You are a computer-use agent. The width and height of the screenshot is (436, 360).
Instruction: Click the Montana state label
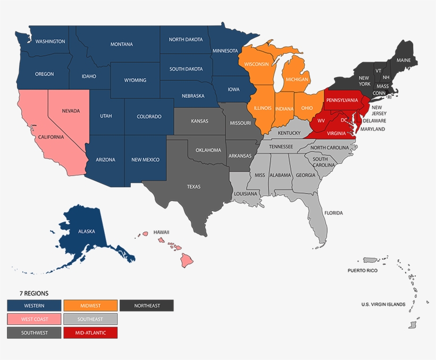(x=122, y=44)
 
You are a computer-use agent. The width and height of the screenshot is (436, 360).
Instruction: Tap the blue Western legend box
(x=34, y=305)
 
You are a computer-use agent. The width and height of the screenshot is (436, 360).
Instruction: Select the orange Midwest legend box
(x=90, y=305)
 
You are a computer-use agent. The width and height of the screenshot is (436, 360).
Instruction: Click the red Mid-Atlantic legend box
(x=90, y=333)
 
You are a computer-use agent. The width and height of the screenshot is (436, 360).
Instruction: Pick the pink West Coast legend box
(x=34, y=319)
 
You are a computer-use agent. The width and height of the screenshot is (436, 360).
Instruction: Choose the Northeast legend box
(x=147, y=305)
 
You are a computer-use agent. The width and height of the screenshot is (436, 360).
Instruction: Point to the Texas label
(x=194, y=187)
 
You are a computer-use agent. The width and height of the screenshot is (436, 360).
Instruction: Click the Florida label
(x=334, y=213)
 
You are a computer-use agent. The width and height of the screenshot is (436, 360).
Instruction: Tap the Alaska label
(x=86, y=232)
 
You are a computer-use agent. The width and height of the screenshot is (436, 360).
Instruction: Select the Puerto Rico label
(x=362, y=271)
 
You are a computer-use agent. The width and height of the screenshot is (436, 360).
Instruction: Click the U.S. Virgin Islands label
(x=383, y=304)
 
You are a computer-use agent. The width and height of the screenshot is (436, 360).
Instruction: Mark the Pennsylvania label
(x=342, y=100)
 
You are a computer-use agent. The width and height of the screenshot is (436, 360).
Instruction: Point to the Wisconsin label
(x=257, y=64)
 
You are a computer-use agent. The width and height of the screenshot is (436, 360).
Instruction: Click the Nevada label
(x=71, y=111)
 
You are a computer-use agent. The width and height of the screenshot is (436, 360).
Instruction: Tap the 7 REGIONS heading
(x=34, y=293)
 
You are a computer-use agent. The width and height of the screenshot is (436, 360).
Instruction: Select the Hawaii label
(x=161, y=232)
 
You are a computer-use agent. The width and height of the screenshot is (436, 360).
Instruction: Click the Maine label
(x=404, y=60)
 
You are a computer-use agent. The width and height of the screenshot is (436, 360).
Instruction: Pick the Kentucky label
(x=289, y=133)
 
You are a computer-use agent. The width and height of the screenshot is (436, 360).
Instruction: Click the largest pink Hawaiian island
(x=186, y=260)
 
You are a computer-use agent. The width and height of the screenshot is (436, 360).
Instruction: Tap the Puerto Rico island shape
(x=370, y=260)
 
